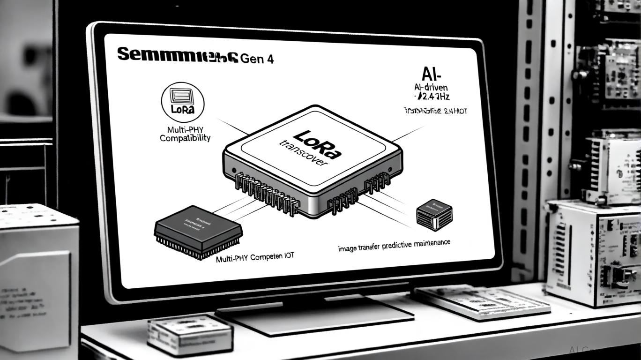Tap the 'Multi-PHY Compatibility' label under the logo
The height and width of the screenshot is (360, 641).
[x=185, y=134]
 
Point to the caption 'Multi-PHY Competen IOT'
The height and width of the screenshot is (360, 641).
[x=255, y=258]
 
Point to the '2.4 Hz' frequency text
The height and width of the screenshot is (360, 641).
[x=432, y=97]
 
